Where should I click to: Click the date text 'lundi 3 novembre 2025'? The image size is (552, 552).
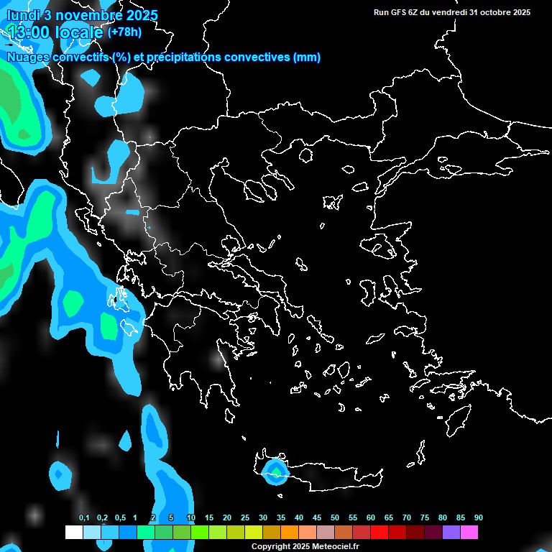(82, 15)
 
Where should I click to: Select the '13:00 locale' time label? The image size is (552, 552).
(56, 32)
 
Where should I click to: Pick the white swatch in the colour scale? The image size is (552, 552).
(73, 532)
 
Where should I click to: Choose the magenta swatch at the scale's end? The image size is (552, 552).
(469, 532)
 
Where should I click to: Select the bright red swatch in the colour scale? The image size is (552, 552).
(379, 532)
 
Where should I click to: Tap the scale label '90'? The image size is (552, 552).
(478, 518)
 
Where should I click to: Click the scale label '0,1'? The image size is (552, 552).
(84, 518)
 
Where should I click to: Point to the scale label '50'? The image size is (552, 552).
(335, 518)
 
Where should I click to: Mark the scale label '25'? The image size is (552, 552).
(245, 518)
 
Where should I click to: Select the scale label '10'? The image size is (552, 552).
(190, 518)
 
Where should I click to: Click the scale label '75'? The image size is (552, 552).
(425, 518)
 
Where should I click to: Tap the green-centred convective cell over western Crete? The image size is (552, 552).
(275, 471)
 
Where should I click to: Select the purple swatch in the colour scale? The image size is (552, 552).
(451, 532)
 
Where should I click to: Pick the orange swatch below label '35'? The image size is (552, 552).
(289, 532)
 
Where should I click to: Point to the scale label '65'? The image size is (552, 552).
(389, 518)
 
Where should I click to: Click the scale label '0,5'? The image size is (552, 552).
(120, 518)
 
